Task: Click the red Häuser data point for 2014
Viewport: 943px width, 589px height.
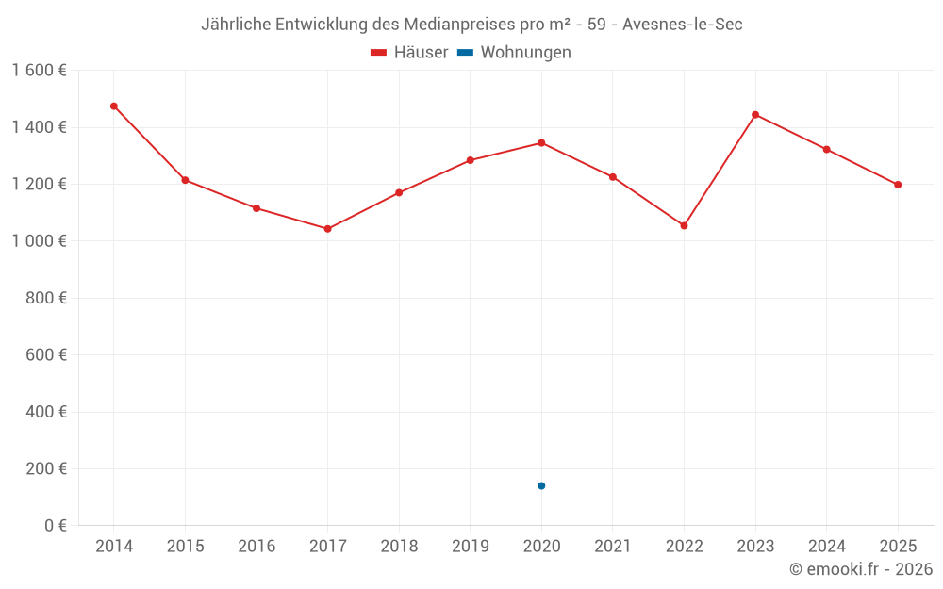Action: [x=114, y=106]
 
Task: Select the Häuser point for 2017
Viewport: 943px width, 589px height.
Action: [x=327, y=229]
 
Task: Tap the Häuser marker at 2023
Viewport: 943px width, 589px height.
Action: [x=755, y=115]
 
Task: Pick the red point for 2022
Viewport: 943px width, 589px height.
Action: [x=684, y=225]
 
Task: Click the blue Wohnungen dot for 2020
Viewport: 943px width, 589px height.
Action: [x=541, y=485]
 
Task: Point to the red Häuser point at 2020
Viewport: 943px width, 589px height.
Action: [x=541, y=143]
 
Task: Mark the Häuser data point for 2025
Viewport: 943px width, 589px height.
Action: [x=898, y=185]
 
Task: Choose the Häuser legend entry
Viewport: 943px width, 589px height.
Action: [x=409, y=53]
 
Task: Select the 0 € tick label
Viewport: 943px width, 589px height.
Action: [x=55, y=526]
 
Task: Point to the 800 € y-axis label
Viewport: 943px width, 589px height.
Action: [x=47, y=298]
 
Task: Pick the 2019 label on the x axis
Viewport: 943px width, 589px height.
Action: [x=470, y=547]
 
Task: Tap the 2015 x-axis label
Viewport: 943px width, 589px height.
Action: [x=185, y=547]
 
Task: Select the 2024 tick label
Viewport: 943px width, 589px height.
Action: [x=826, y=547]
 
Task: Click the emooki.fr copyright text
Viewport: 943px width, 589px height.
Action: [x=861, y=569]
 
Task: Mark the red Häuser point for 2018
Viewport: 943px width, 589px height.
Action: [x=399, y=192]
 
